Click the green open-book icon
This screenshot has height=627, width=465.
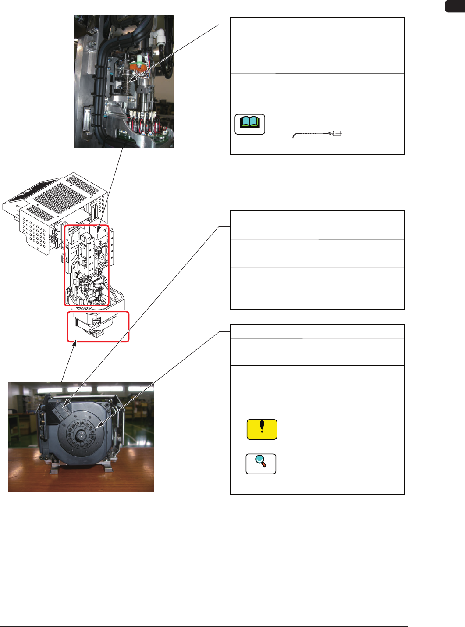[250, 124]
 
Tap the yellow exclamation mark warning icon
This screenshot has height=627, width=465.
[262, 429]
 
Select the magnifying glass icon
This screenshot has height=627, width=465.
[261, 463]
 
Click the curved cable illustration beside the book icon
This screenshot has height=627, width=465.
[316, 134]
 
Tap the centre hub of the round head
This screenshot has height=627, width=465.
[82, 436]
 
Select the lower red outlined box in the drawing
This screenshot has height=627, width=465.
[98, 327]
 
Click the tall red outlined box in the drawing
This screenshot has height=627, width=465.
[87, 265]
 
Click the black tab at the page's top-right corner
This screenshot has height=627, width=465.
[454, 6]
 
